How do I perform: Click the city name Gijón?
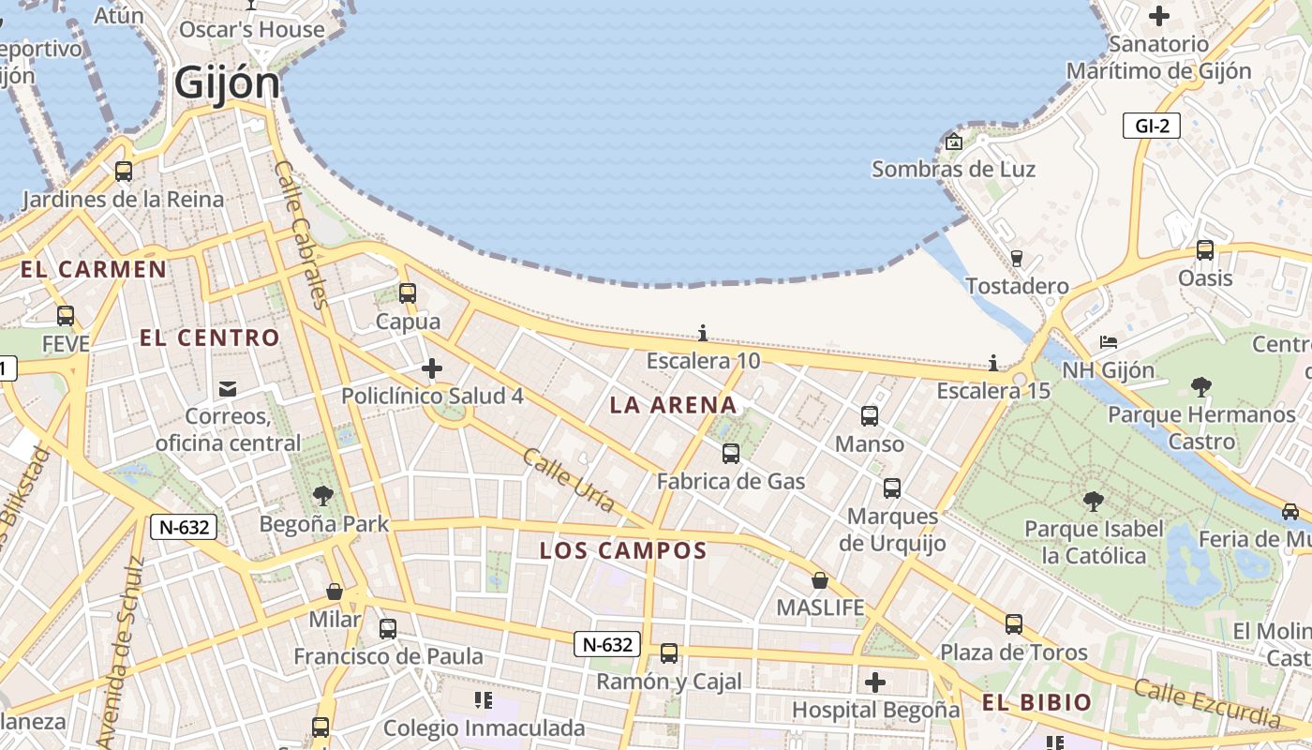coord(227,83)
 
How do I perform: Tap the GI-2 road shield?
coord(1151,126)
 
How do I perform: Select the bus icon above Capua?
coord(408,292)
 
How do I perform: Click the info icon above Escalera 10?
coord(703,333)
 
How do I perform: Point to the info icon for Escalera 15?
coord(993,363)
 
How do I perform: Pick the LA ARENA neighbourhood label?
coord(673,405)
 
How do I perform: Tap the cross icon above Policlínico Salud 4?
coord(432,368)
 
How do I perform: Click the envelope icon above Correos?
coord(227,388)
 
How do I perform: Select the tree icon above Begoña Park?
coord(323,495)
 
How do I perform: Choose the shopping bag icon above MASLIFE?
coord(820,580)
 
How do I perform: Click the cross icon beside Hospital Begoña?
coord(875,682)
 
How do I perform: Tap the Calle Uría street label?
coord(569,480)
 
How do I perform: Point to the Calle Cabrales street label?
coord(300,234)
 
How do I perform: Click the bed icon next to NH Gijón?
coord(1109,342)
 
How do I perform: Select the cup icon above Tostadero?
coord(1017,258)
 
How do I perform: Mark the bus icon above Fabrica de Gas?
coord(731,454)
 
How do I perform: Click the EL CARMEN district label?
coord(94,270)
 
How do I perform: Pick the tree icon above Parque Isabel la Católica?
coord(1093,502)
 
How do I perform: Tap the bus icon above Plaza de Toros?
coord(1014,624)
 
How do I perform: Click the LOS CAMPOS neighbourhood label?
coord(622,550)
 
